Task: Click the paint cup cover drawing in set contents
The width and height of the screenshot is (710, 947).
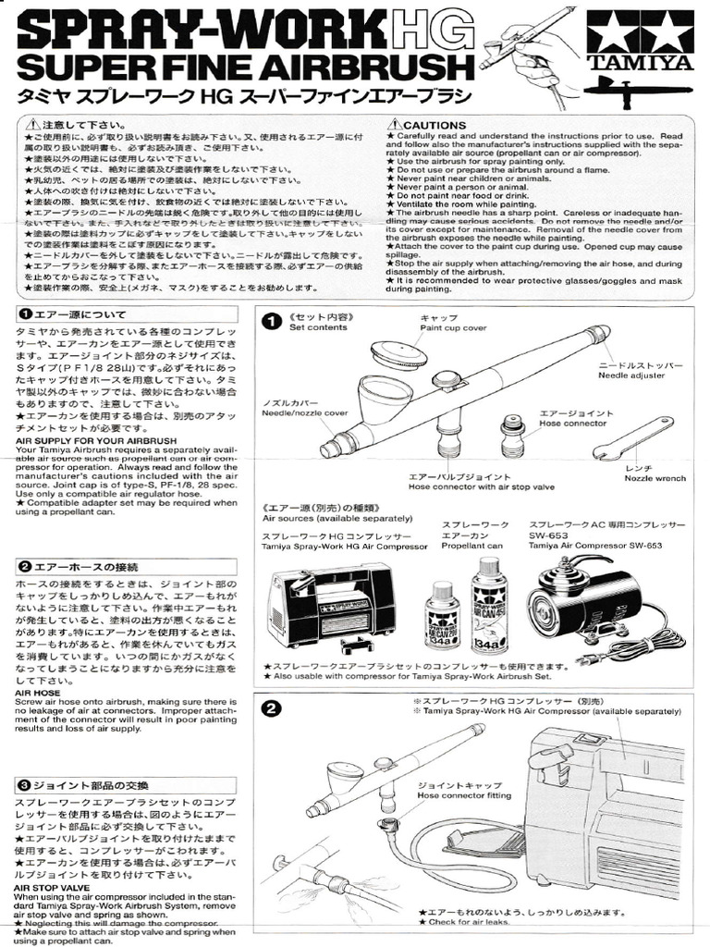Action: [398, 353]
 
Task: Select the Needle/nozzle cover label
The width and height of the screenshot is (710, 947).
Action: [306, 413]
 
